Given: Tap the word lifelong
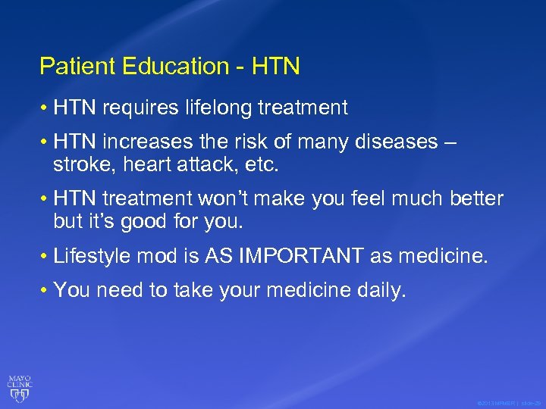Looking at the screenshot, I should [x=220, y=108].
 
